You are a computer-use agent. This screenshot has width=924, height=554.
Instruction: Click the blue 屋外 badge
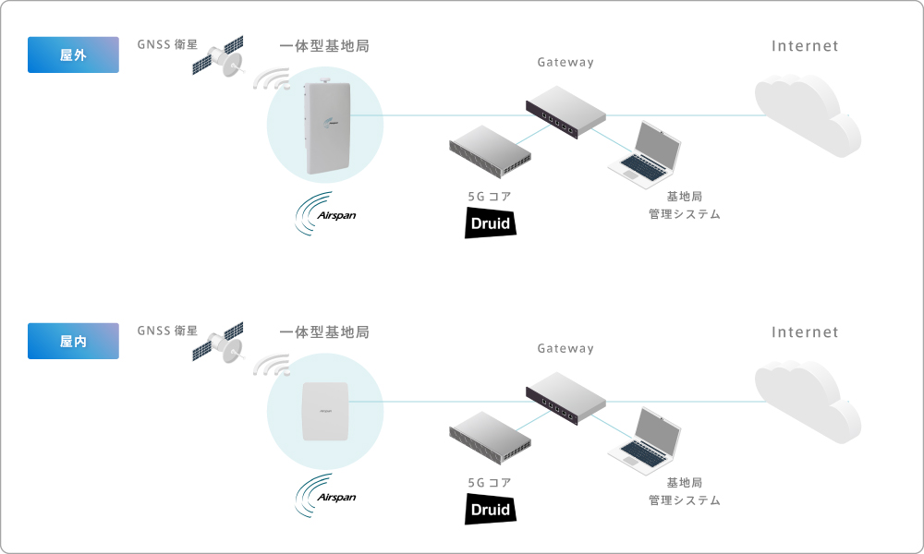pyautogui.click(x=73, y=54)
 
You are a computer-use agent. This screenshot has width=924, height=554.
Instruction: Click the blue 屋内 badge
pyautogui.click(x=73, y=341)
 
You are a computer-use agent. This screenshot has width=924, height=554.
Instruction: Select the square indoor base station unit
pyautogui.click(x=323, y=410)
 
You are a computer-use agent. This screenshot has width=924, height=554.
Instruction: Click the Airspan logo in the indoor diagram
pyautogui.click(x=325, y=497)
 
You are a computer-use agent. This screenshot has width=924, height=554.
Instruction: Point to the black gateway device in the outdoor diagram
pyautogui.click(x=565, y=112)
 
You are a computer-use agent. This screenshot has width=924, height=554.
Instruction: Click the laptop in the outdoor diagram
pyautogui.click(x=647, y=153)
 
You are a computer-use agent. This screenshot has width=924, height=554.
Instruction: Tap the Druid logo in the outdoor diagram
pyautogui.click(x=489, y=223)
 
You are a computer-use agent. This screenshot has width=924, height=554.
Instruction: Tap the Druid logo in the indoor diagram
pyautogui.click(x=489, y=509)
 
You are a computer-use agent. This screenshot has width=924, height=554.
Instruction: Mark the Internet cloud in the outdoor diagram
pyautogui.click(x=807, y=114)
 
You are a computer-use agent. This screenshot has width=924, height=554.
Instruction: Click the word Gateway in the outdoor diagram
pyautogui.click(x=565, y=63)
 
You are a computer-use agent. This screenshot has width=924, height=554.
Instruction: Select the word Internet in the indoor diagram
pyautogui.click(x=805, y=332)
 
